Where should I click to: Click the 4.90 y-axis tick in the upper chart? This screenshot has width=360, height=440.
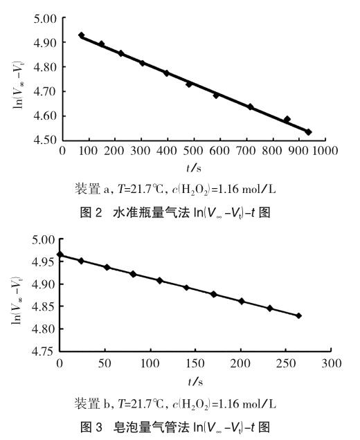pos(44,43)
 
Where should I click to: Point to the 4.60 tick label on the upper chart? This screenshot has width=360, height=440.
pos(44,116)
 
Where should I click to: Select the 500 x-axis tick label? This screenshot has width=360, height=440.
pos(193,151)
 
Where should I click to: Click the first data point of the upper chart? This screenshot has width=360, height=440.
pos(82,35)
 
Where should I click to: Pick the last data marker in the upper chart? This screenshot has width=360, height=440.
pos(309,132)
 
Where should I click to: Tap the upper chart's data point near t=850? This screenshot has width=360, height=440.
pos(287,119)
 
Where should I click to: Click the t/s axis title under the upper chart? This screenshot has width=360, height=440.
pos(194,168)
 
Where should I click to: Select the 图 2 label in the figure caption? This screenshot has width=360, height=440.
pos(91,212)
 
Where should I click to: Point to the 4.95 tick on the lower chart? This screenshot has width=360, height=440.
pos(44,262)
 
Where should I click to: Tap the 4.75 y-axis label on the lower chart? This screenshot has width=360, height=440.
pos(44,351)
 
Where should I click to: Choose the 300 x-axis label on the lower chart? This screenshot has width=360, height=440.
pos(332,363)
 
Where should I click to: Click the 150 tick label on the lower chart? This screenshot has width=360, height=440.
pos(195,363)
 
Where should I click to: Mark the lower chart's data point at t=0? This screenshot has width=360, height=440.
pos(60,255)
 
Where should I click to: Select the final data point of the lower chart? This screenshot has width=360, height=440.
pos(299,315)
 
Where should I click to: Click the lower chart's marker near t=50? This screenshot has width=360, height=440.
pos(107,267)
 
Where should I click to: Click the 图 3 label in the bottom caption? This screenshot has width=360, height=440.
pos(91,428)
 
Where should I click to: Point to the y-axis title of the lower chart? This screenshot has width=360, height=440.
pos(17,300)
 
